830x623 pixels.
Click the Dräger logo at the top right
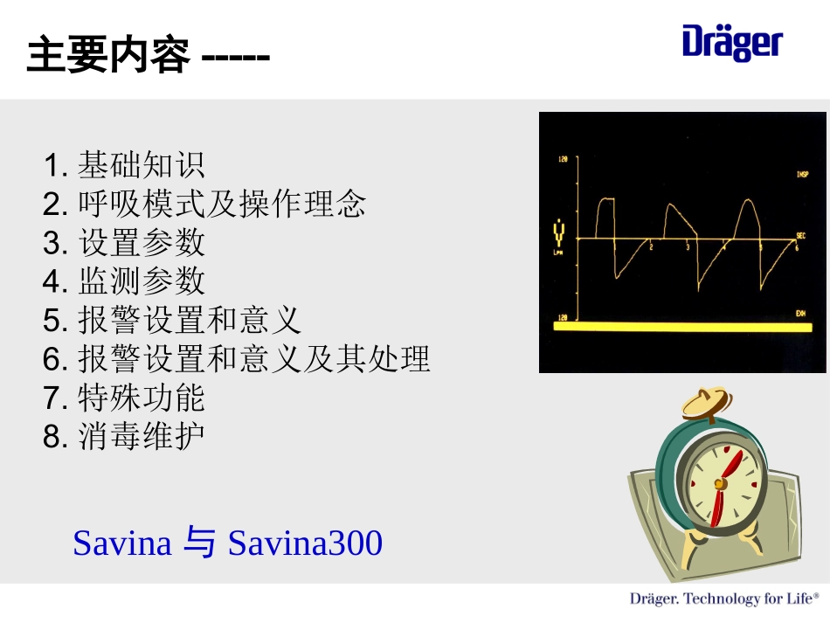tap(732, 43)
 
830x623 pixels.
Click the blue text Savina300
tap(305, 543)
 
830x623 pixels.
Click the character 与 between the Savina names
tap(200, 543)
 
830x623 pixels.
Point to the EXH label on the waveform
tap(800, 313)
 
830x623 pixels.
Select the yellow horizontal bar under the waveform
tap(676, 326)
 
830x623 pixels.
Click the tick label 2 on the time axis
tap(651, 248)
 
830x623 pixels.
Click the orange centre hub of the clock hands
tap(719, 483)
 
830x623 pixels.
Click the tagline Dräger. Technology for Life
tap(724, 599)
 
